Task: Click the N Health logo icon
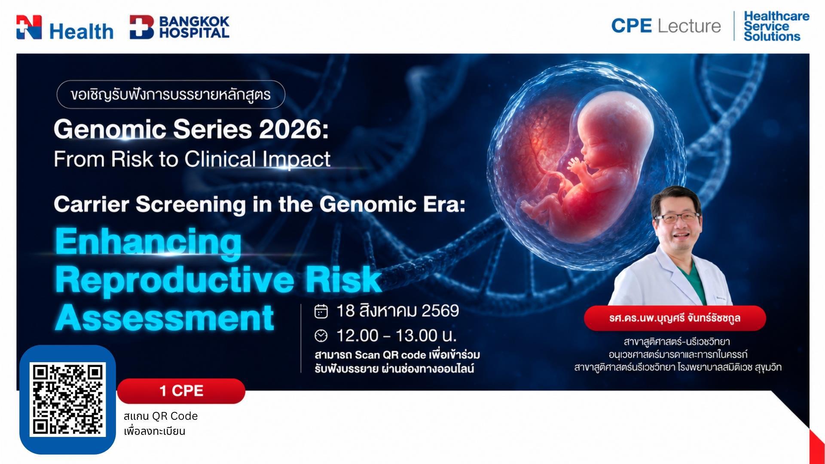pos(29,27)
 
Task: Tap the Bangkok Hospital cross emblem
pos(142,27)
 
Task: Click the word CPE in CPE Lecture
pos(631,26)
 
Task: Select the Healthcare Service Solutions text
pos(776,26)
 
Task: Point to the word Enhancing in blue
pos(148,242)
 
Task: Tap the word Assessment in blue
pos(165,318)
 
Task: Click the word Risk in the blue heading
pos(343,280)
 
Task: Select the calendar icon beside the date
pos(321,311)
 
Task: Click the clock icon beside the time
pos(321,336)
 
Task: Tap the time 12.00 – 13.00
pos(395,336)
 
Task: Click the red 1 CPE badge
pos(181,391)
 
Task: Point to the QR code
pos(67,400)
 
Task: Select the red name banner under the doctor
pos(675,318)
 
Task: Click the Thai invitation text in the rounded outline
pos(171,95)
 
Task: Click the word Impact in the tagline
pos(296,159)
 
